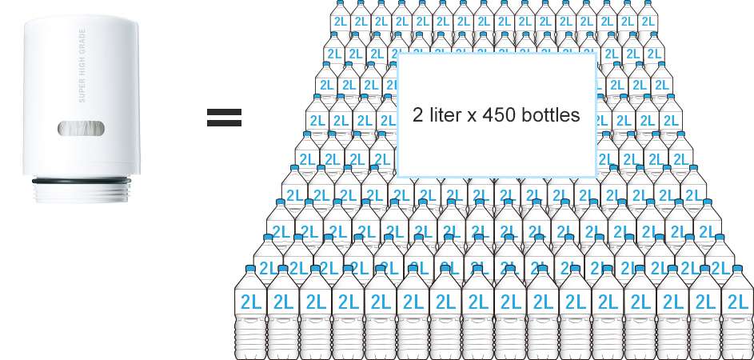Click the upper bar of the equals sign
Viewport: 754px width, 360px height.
pyautogui.click(x=224, y=112)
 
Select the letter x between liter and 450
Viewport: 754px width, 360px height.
pyautogui.click(x=473, y=116)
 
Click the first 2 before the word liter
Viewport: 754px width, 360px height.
pyautogui.click(x=417, y=115)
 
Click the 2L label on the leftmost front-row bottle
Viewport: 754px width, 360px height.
pyautogui.click(x=250, y=302)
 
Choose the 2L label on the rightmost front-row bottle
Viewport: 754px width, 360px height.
pyautogui.click(x=736, y=302)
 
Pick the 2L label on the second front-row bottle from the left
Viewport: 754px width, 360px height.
pyautogui.click(x=283, y=302)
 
